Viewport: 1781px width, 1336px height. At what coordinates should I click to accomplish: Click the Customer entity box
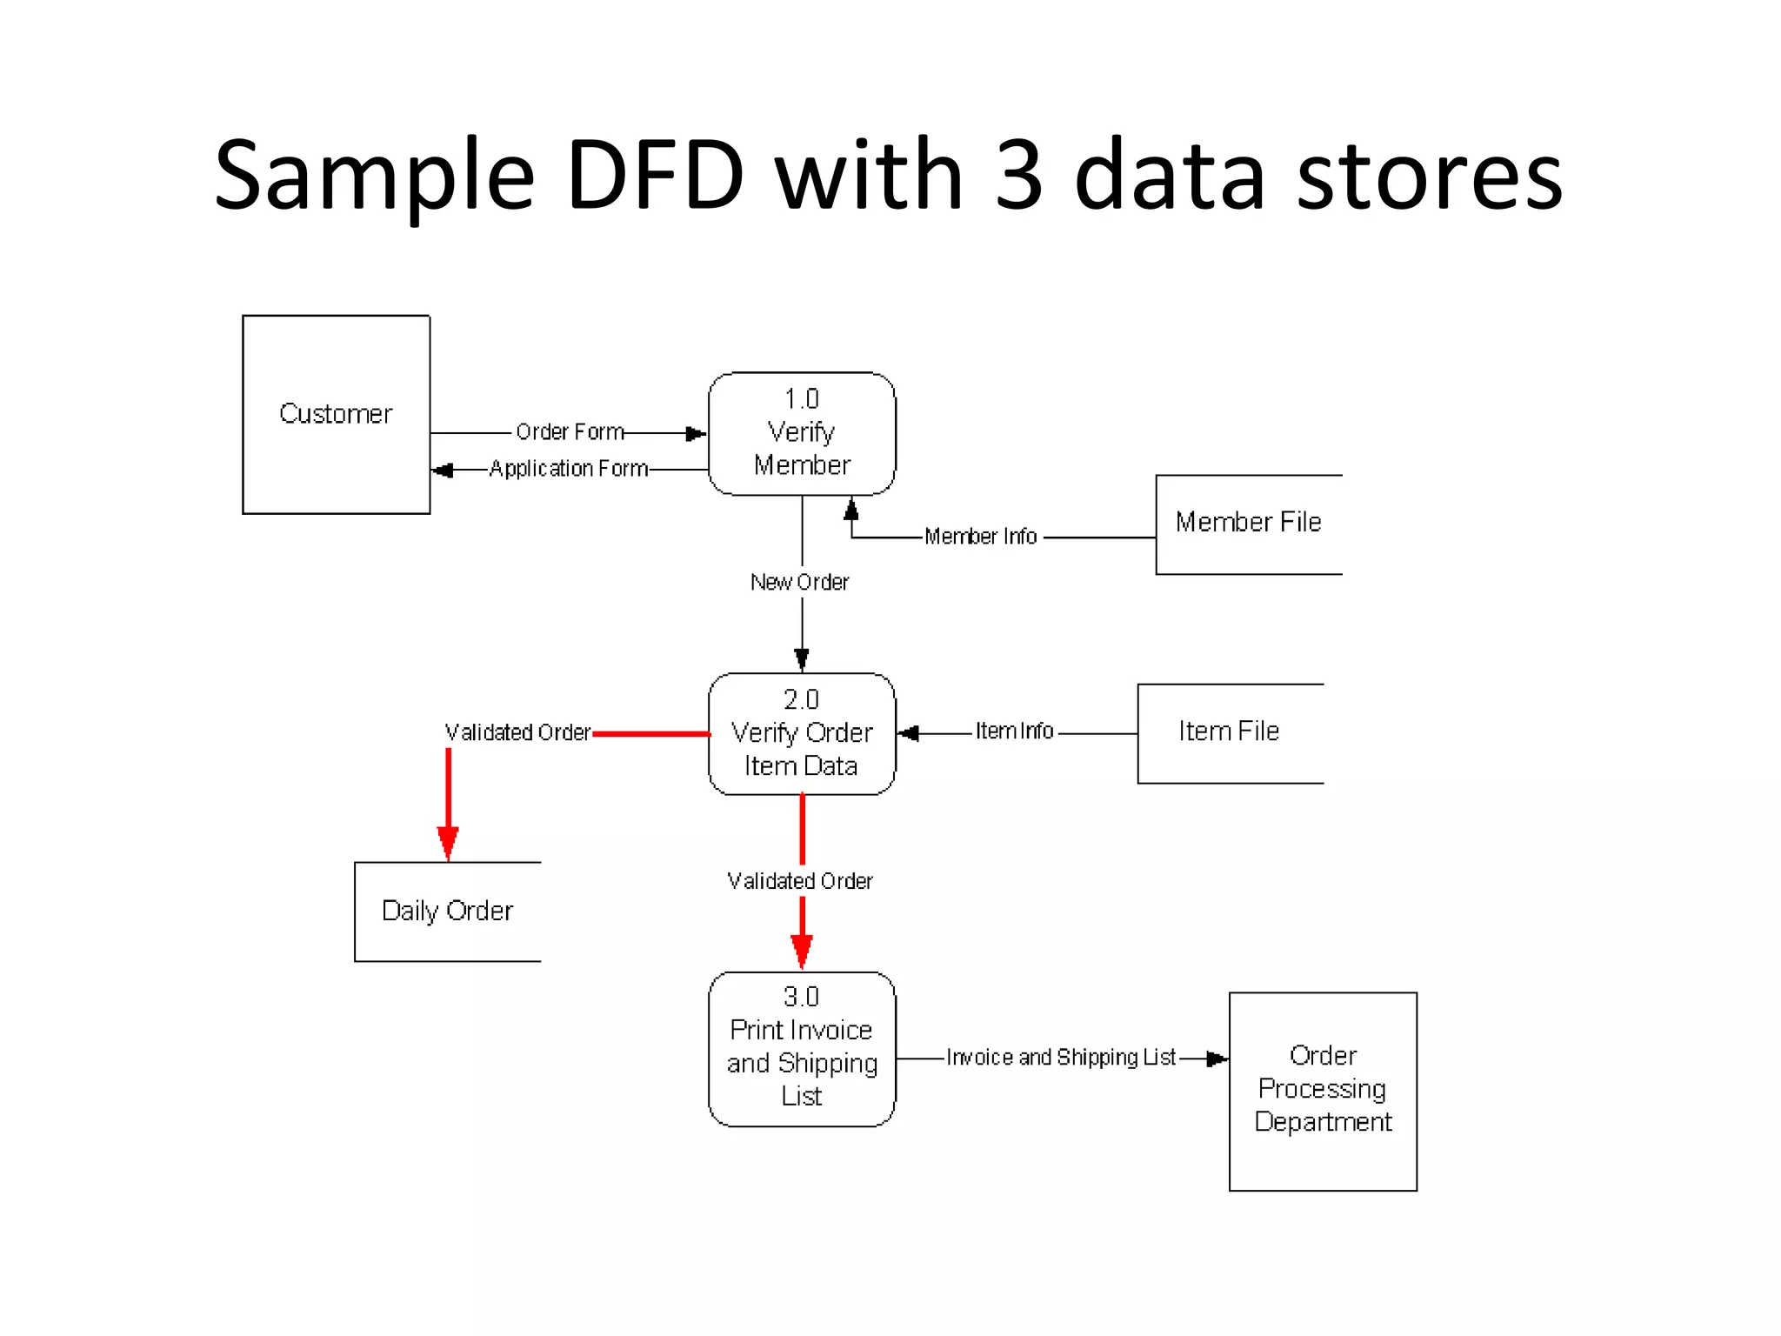336,414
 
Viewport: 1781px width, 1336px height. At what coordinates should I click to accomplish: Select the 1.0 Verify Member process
802,433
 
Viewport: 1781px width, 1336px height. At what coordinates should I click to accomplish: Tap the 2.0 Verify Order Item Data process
802,733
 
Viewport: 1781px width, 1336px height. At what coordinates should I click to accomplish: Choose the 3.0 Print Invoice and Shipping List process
802,1047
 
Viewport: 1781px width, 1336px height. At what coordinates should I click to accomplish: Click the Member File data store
1248,524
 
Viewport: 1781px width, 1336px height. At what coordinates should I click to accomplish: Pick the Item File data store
1229,732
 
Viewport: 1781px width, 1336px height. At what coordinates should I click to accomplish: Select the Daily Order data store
447,912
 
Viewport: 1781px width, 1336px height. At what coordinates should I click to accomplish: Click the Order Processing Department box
1322,1090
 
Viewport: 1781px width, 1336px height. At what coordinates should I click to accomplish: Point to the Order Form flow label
570,432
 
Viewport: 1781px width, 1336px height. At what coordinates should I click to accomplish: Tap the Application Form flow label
569,469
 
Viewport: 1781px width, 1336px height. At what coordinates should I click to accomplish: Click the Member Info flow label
980,537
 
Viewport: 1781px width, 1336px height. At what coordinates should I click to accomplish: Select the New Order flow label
799,582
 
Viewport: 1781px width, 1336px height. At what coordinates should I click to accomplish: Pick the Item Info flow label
1014,731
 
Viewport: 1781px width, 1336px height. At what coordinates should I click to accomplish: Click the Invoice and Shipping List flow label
1061,1058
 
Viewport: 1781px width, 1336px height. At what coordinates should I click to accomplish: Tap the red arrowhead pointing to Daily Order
448,842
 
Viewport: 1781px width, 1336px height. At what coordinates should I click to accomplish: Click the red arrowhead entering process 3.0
802,950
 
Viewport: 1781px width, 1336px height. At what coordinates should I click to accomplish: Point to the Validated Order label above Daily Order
517,733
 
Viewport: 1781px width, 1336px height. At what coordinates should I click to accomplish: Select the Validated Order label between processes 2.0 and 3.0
800,881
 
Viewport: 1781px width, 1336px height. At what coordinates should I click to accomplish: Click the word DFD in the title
655,176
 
